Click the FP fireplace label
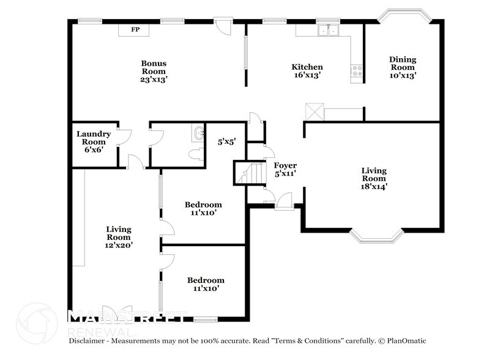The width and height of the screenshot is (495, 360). pyautogui.click(x=135, y=29)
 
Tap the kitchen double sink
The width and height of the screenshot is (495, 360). pyautogui.click(x=329, y=31)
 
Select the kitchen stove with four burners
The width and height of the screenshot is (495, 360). pyautogui.click(x=357, y=71)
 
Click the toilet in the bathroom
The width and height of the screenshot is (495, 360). pyautogui.click(x=196, y=154)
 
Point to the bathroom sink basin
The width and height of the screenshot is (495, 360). pyautogui.click(x=198, y=133)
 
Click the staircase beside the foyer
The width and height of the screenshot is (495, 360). pyautogui.click(x=250, y=173)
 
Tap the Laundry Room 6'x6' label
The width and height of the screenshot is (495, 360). pyautogui.click(x=94, y=142)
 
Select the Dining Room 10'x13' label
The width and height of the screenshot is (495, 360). pyautogui.click(x=403, y=67)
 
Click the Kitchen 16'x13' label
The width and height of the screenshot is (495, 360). pyautogui.click(x=307, y=71)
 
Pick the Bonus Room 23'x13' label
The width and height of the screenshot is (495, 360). pyautogui.click(x=154, y=72)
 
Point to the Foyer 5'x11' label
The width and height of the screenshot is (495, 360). pyautogui.click(x=285, y=169)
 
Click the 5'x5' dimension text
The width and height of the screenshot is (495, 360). pyautogui.click(x=226, y=142)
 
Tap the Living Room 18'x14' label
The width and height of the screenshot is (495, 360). pyautogui.click(x=374, y=179)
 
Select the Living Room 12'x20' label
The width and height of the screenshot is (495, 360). pyautogui.click(x=119, y=237)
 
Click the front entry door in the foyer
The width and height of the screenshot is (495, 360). pyautogui.click(x=284, y=201)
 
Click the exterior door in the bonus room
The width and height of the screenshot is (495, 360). pyautogui.click(x=223, y=26)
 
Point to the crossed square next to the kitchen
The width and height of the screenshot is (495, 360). pyautogui.click(x=314, y=111)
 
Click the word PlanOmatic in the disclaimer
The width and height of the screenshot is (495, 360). pyautogui.click(x=407, y=341)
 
